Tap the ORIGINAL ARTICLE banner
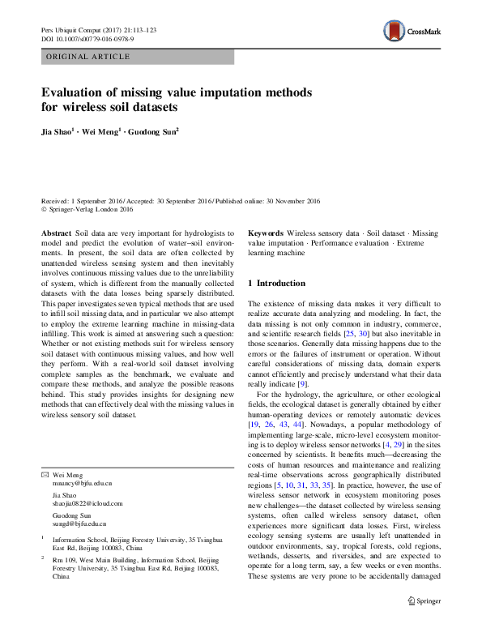point(88,57)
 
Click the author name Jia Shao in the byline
point(58,130)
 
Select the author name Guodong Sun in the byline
point(154,130)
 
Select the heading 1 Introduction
point(276,284)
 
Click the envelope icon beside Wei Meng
point(44,473)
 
